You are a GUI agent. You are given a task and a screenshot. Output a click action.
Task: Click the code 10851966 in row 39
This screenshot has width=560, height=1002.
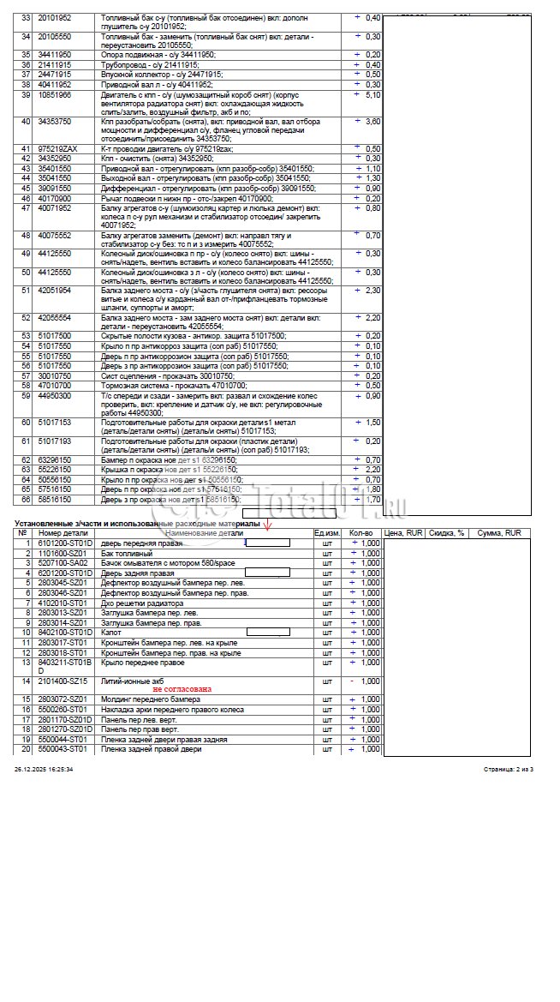pyautogui.click(x=54, y=94)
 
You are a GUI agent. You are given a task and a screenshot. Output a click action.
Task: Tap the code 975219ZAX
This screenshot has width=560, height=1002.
pyautogui.click(x=57, y=149)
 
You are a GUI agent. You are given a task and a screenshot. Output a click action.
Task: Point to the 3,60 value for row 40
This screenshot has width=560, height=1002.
pyautogui.click(x=372, y=122)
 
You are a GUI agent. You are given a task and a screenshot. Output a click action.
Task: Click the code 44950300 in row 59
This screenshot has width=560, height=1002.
pyautogui.click(x=54, y=395)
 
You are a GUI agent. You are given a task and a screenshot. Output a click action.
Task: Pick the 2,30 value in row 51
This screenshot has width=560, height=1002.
pyautogui.click(x=372, y=290)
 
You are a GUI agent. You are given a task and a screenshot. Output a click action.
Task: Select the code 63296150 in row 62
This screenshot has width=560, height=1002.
pyautogui.click(x=54, y=460)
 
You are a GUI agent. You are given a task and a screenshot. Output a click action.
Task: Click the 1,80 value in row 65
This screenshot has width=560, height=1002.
pyautogui.click(x=372, y=489)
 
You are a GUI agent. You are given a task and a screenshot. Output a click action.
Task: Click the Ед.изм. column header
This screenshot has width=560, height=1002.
pyautogui.click(x=326, y=533)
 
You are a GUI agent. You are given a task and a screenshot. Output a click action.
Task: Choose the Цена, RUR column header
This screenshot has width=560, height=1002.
pyautogui.click(x=404, y=533)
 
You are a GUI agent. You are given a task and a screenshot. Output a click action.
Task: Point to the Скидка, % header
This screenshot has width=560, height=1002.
pyautogui.click(x=447, y=533)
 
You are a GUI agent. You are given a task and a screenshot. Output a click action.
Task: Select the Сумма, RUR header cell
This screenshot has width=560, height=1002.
pyautogui.click(x=499, y=533)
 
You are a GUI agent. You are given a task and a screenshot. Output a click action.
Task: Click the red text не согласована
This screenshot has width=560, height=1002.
pyautogui.click(x=182, y=689)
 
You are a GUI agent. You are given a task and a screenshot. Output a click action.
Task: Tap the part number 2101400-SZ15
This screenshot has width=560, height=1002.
pyautogui.click(x=63, y=681)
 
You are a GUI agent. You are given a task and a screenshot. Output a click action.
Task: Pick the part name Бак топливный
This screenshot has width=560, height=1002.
pyautogui.click(x=127, y=553)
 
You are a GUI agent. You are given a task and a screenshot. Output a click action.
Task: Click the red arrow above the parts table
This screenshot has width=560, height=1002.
pyautogui.click(x=267, y=525)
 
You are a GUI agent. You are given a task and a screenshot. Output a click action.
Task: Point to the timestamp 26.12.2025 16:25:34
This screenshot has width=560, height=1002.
pyautogui.click(x=44, y=770)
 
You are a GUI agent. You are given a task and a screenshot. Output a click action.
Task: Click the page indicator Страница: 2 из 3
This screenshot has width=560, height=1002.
pyautogui.click(x=508, y=770)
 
